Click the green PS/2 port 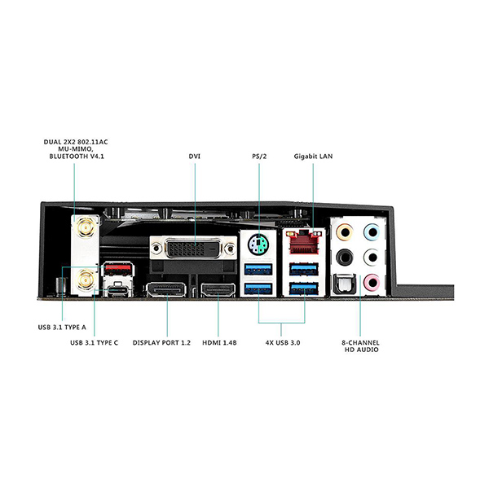[258, 243]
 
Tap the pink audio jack [372, 282]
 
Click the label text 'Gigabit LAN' [313, 156]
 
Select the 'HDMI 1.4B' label [218, 343]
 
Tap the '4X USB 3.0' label [282, 343]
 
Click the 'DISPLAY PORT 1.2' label [161, 343]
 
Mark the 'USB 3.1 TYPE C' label [95, 343]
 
